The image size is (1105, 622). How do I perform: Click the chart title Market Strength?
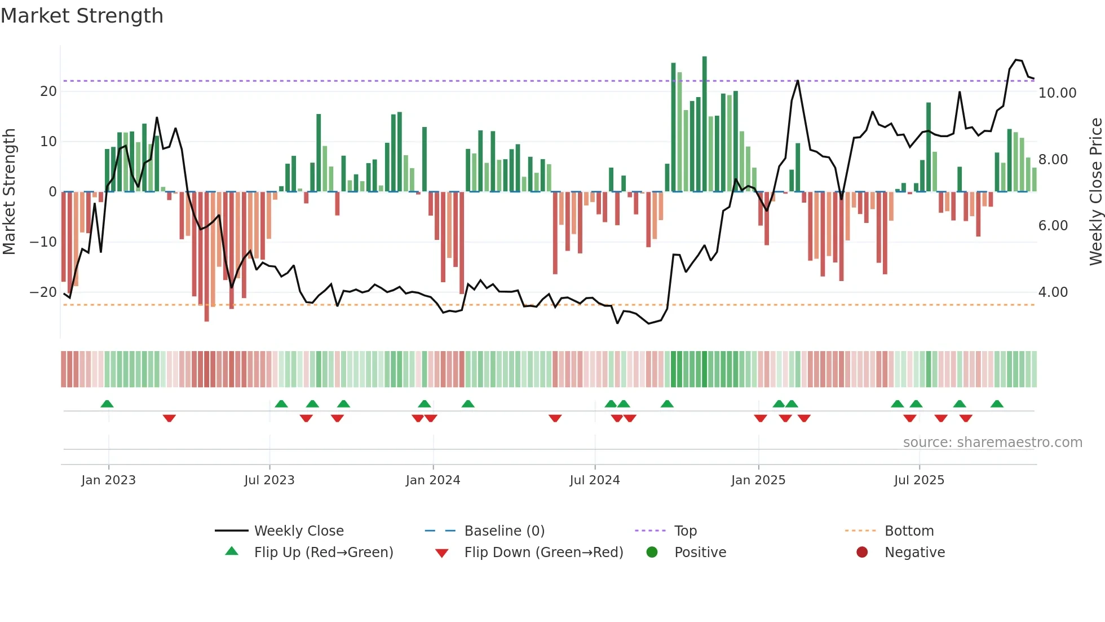coord(82,16)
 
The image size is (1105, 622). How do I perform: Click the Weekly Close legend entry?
coord(298,531)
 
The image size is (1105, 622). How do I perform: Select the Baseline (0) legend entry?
coord(504,531)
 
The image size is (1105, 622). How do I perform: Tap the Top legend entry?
coord(685,531)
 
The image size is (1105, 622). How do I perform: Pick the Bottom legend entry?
coord(909,531)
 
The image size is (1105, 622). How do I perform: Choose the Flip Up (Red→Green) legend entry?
coord(323,552)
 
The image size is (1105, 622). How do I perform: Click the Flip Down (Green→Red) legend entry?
coord(543,552)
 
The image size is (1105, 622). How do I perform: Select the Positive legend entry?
coord(700,552)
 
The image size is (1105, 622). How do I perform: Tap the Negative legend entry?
coord(914,552)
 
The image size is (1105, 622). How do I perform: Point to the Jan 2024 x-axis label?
coord(432,480)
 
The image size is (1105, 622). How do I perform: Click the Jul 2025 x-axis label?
coord(918,480)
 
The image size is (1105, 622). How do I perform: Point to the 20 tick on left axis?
coord(48,91)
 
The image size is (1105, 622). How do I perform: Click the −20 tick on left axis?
coord(43,292)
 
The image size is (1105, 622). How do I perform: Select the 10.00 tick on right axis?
coord(1057,93)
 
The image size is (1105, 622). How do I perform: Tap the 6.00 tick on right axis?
coord(1053,226)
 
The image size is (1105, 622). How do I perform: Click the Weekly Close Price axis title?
coord(1095,192)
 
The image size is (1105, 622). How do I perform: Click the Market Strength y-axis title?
coord(10,192)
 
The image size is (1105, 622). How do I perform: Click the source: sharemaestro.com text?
coord(992,442)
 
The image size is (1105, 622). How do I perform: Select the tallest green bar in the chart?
coord(704,124)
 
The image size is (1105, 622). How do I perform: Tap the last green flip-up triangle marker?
coord(996,404)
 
